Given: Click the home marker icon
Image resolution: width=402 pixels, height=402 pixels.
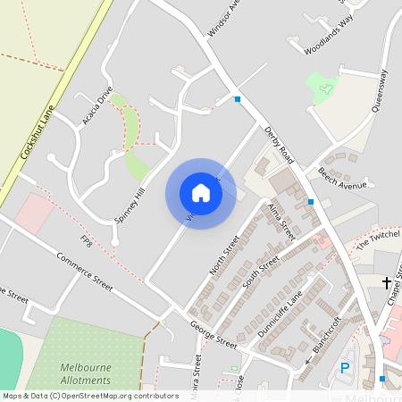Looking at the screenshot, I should [x=200, y=193].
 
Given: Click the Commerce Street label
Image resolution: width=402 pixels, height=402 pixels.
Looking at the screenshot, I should [x=85, y=272].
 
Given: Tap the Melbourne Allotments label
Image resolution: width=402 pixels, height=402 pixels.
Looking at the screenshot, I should [x=86, y=373].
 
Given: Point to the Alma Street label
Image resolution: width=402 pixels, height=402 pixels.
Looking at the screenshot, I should [x=281, y=222].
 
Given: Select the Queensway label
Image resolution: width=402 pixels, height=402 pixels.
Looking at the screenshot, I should [x=382, y=89].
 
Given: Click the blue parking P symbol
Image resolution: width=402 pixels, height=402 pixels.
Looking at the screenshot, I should [x=345, y=368].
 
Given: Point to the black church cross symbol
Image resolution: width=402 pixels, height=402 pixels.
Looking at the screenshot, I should [x=387, y=283].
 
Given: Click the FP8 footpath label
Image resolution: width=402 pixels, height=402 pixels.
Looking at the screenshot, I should [x=87, y=242].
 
